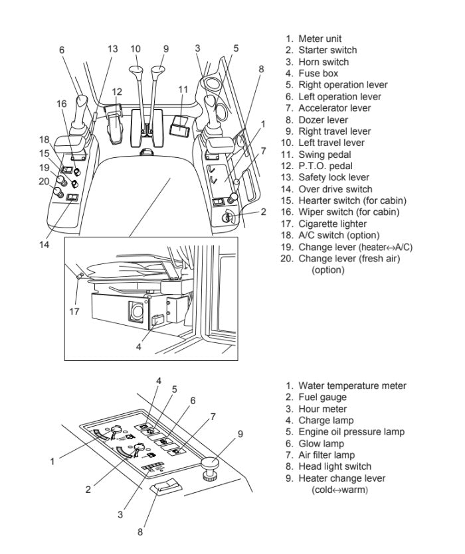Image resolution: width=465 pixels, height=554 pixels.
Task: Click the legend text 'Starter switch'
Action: tap(327, 50)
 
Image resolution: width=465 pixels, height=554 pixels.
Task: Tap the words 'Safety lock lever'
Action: tap(333, 177)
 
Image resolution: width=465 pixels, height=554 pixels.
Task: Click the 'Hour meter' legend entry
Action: tap(322, 409)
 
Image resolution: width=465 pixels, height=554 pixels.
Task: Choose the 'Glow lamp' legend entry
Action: tap(321, 443)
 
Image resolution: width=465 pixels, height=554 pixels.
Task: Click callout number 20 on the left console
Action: tap(44, 181)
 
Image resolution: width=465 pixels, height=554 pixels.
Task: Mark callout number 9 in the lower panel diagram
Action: tap(240, 435)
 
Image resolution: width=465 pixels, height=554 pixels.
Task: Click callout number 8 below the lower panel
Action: tap(139, 531)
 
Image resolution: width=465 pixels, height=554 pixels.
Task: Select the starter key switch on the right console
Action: tap(228, 216)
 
